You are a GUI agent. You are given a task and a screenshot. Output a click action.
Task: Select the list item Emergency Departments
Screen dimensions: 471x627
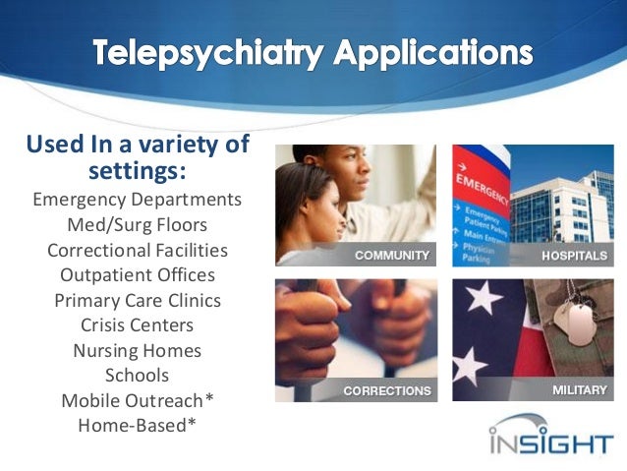pos(137,200)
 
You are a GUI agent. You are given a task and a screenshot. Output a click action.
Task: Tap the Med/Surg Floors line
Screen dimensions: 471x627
pos(137,225)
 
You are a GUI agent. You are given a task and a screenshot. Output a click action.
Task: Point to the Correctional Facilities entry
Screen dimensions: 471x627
pos(137,250)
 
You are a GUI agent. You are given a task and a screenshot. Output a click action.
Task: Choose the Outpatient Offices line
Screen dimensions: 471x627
pos(137,275)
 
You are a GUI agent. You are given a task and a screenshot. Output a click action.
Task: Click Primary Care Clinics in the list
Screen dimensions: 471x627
pos(137,300)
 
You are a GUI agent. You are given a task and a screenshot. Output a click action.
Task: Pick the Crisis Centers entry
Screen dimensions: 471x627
pos(137,325)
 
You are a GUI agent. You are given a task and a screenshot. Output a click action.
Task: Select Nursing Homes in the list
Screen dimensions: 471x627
pos(137,350)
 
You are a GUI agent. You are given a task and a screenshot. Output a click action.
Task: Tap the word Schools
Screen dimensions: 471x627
pos(137,376)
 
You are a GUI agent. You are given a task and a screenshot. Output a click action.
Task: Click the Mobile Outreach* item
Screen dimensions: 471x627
pos(137,400)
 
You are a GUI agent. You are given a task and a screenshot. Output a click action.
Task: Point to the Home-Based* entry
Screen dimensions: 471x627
pos(137,426)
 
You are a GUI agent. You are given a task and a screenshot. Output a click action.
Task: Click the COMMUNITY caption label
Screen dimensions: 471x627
pos(392,256)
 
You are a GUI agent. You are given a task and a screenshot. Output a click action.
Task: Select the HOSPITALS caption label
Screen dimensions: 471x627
pos(574,256)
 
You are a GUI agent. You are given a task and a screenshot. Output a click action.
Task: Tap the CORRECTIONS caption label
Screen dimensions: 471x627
pos(387,390)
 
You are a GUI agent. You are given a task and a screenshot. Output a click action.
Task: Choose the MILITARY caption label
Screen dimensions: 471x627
pos(579,390)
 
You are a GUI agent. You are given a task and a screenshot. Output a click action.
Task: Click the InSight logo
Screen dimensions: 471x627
pos(550,436)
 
